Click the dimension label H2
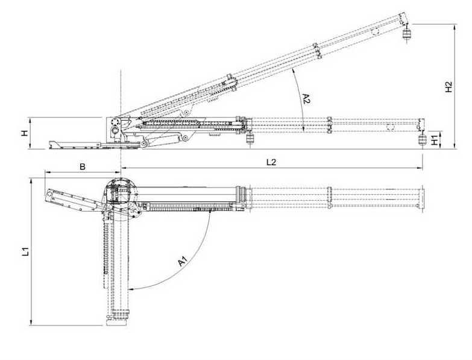tap(448, 87)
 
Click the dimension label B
tap(83, 166)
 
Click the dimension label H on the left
tap(25, 133)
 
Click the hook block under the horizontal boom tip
tap(421, 139)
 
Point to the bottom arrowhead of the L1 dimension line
tap(31, 323)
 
